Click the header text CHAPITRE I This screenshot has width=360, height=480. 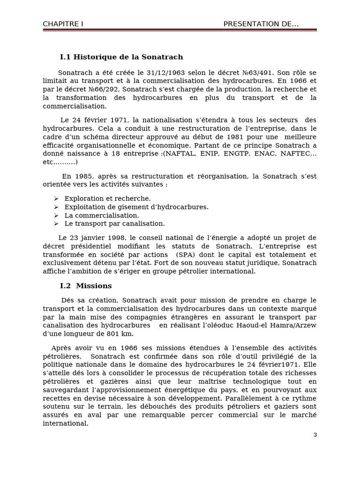63,24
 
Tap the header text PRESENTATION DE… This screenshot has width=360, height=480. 261,24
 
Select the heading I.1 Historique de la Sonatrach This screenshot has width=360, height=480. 121,57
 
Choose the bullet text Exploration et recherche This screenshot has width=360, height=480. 108,199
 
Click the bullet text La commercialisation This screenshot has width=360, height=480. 102,216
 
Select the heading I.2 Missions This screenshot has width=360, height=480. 86,285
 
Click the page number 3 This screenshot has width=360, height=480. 315,435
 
